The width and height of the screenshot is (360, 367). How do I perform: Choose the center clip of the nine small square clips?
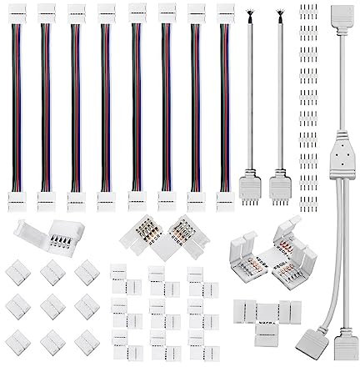point(48,304)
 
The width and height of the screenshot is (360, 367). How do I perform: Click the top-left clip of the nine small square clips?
point(18,274)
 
